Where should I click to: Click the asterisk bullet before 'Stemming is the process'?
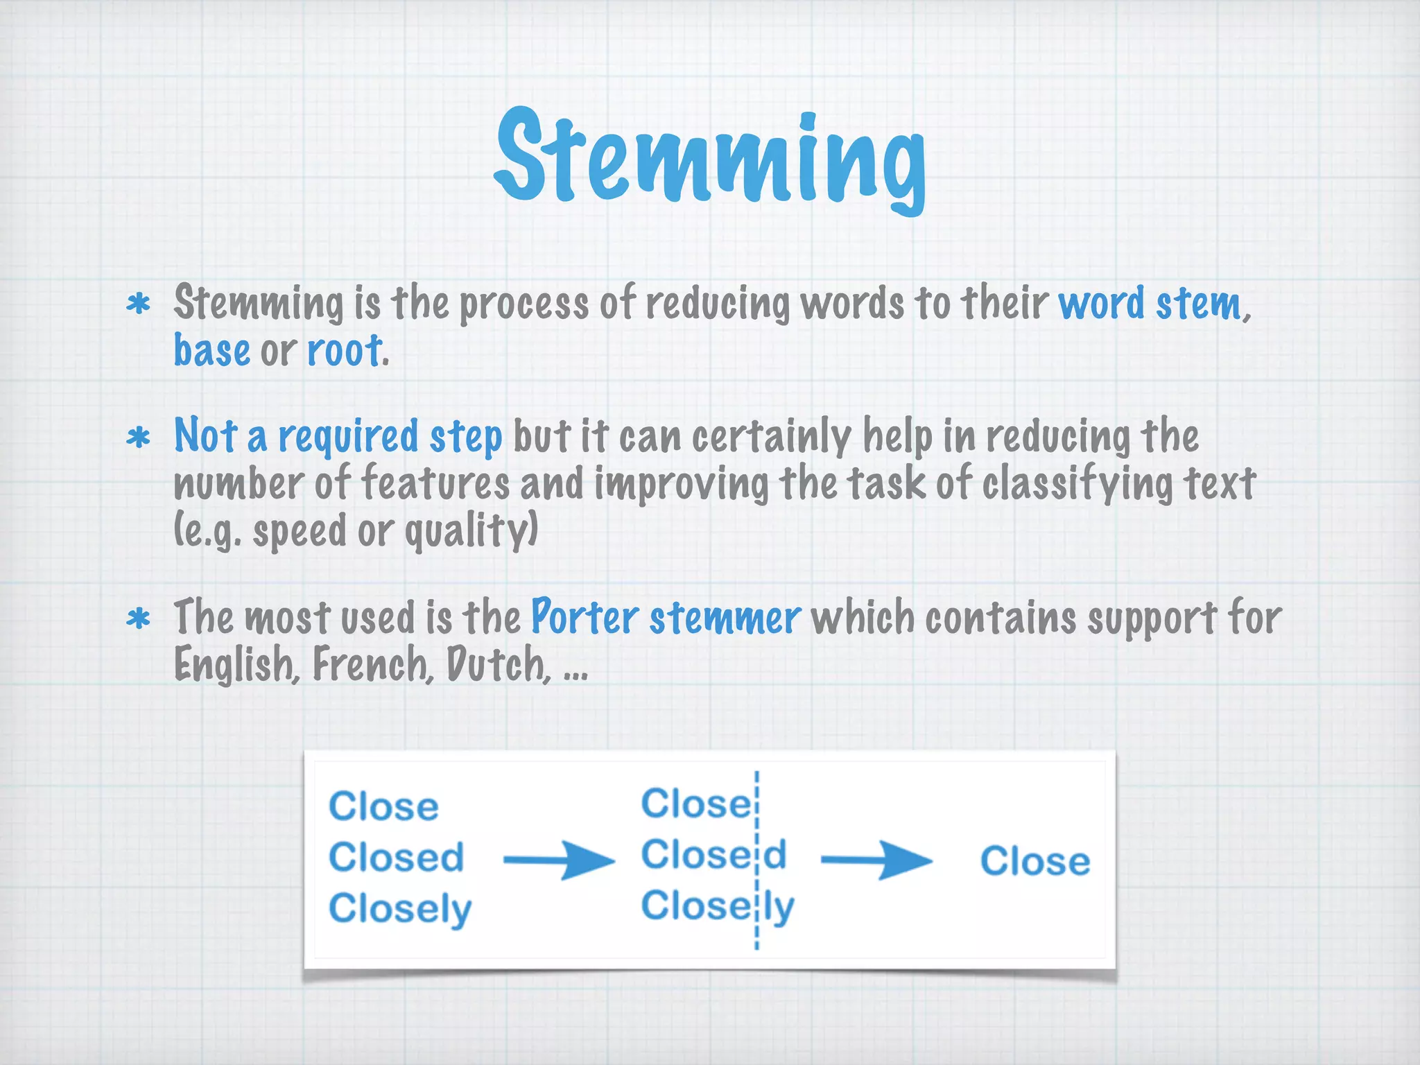[139, 304]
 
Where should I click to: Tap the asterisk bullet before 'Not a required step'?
[139, 438]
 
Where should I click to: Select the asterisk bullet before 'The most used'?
[139, 618]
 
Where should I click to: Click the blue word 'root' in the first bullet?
[344, 351]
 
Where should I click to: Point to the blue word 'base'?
[211, 351]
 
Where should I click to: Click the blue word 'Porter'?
[584, 617]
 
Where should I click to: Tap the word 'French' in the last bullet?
[372, 664]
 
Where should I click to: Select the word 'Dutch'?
[496, 664]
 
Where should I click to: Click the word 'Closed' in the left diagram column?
[396, 858]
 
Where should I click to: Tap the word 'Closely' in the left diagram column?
[400, 909]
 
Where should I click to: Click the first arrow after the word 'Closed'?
[558, 860]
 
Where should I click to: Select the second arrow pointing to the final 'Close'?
[876, 860]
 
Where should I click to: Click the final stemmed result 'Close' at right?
[1034, 861]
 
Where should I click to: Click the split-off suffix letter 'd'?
[775, 854]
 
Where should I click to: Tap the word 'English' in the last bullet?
[236, 664]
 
